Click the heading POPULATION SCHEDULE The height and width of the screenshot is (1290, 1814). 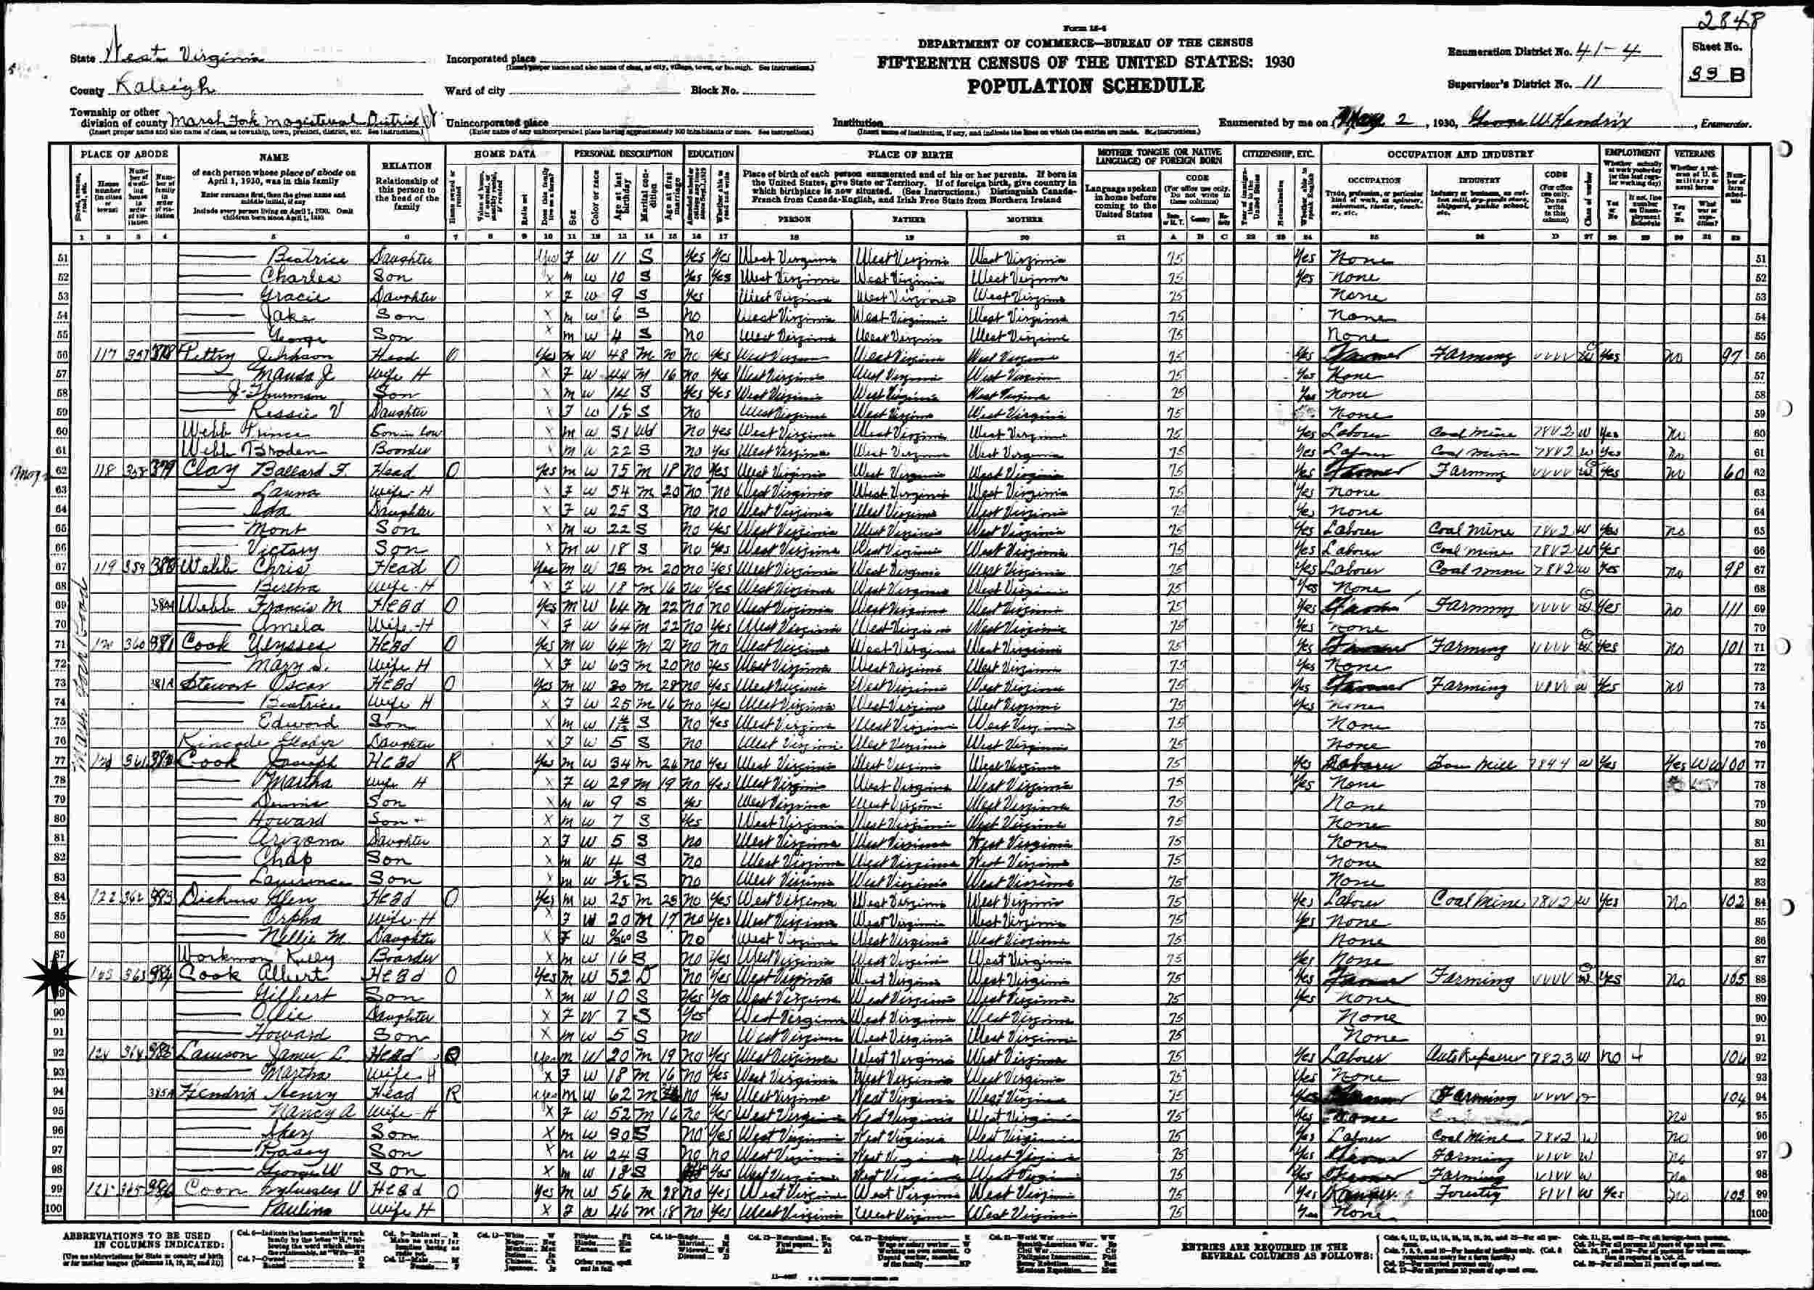[x=1085, y=86]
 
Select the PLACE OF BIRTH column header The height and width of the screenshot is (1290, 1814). [x=909, y=154]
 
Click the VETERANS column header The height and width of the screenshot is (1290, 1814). [x=1694, y=152]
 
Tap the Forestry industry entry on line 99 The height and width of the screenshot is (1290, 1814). [x=1469, y=1192]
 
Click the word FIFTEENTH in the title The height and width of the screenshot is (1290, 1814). [x=922, y=62]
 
